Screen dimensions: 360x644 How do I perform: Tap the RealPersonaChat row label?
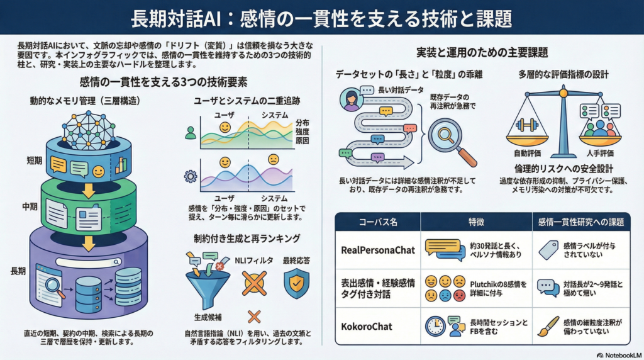click(x=378, y=250)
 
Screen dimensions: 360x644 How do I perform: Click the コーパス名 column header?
click(x=377, y=222)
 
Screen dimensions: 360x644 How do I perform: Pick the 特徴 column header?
click(x=475, y=222)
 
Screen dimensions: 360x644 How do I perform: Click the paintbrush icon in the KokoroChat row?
click(x=548, y=326)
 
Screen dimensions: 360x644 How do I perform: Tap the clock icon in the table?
click(x=435, y=325)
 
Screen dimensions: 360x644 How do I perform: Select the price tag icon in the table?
click(x=548, y=250)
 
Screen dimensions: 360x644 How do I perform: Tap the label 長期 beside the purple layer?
click(x=19, y=271)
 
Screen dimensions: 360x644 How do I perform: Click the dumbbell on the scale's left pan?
click(x=526, y=124)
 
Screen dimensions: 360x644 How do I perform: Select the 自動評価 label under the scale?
click(x=527, y=153)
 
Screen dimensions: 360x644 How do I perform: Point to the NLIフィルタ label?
click(x=250, y=259)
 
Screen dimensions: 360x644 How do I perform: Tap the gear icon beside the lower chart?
click(x=190, y=176)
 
